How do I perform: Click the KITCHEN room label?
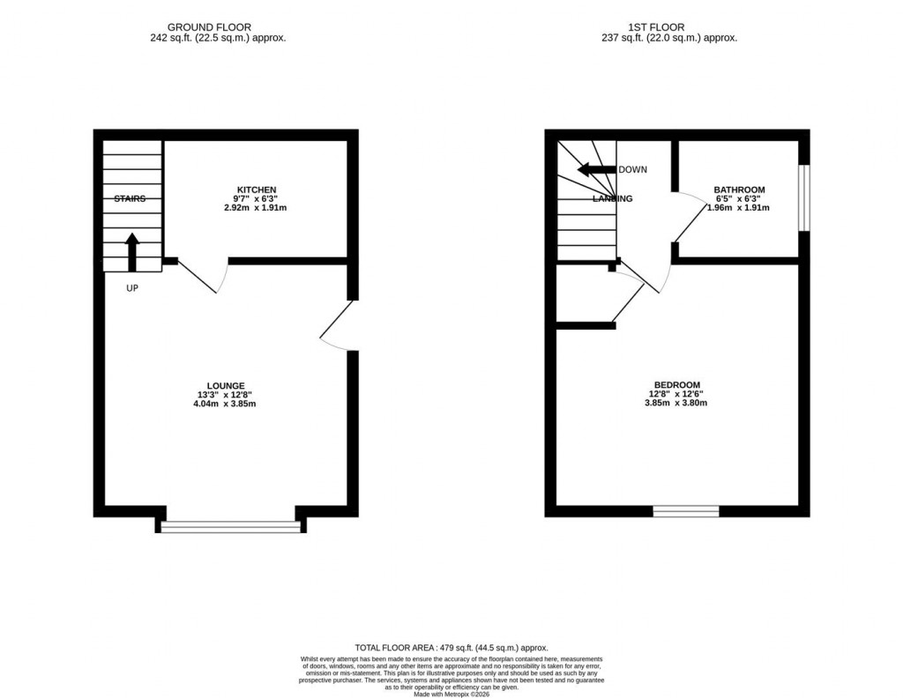(x=256, y=190)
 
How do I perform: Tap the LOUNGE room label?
(x=226, y=385)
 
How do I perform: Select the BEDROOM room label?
(x=676, y=384)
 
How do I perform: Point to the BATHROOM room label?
(x=739, y=190)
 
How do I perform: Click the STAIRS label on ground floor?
(x=130, y=199)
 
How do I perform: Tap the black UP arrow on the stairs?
(x=133, y=250)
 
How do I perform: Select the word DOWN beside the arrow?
(x=633, y=170)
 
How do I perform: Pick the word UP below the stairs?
(x=131, y=288)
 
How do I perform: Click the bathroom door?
(x=690, y=220)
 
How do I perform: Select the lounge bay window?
(x=231, y=526)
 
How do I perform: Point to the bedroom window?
(x=685, y=511)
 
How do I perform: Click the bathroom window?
(x=803, y=197)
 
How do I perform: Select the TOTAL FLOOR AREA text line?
(x=451, y=646)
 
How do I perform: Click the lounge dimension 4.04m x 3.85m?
(x=226, y=405)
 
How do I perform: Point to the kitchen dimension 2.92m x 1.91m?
(x=256, y=208)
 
